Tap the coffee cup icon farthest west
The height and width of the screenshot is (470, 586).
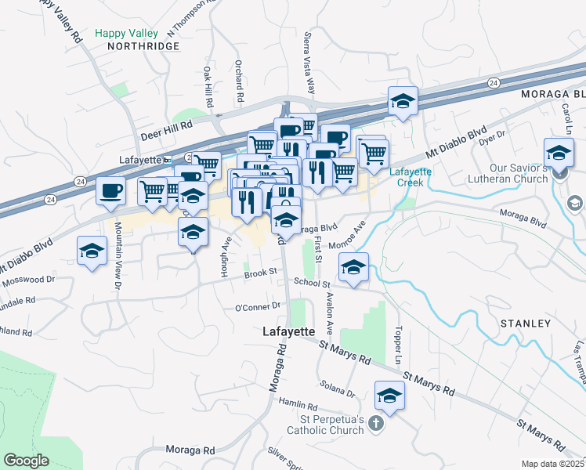[x=110, y=190]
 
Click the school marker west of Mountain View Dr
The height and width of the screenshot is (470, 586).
[x=92, y=251]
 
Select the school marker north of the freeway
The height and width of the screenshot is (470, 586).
[x=403, y=101]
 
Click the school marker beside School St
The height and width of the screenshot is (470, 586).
[x=354, y=269]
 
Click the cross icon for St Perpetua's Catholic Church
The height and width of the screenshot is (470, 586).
[x=375, y=424]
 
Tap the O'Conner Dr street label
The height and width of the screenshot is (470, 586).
[x=257, y=306]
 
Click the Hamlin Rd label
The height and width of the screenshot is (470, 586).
[x=301, y=407]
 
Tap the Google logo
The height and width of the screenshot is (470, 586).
[x=26, y=461]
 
